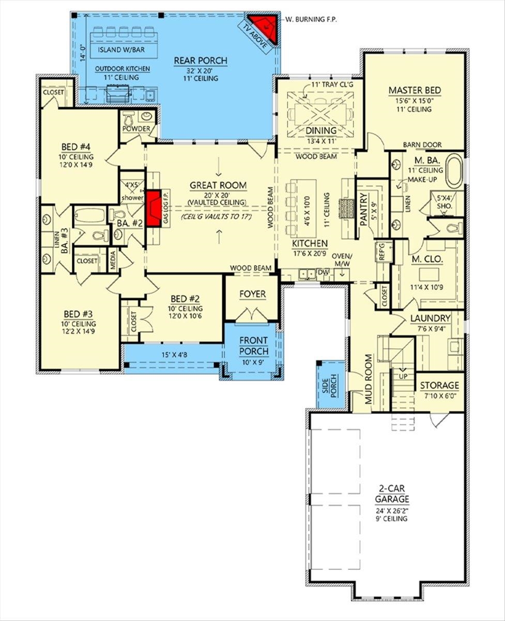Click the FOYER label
[x=252, y=294]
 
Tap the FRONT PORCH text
[x=253, y=346]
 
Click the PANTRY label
[x=363, y=206]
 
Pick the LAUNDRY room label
[x=431, y=318]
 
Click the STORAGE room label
[x=439, y=386]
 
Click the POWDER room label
[x=136, y=128]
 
